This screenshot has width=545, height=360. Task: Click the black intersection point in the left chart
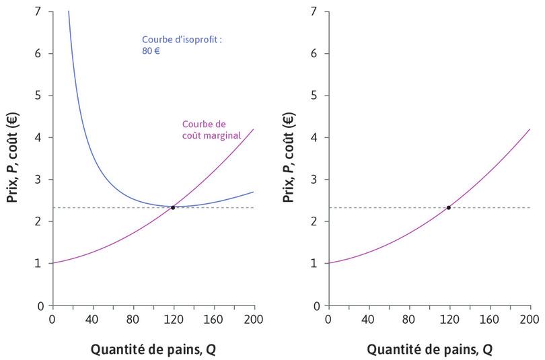[173, 207]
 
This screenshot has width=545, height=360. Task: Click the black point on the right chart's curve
[449, 207]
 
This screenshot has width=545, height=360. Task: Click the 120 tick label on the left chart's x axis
[173, 319]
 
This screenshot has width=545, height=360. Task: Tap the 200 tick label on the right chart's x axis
[530, 319]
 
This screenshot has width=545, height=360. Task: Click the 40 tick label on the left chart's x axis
[93, 319]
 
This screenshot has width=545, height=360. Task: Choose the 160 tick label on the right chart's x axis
[489, 319]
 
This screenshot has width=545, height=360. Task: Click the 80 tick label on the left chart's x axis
[133, 319]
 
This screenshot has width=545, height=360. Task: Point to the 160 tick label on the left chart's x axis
[213, 319]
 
